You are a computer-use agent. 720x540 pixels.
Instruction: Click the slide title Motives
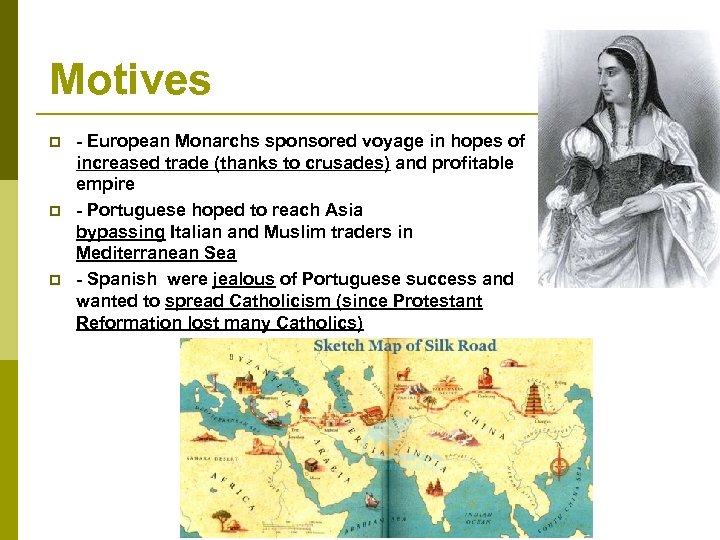(130, 80)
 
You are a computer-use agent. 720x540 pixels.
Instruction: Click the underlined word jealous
(243, 279)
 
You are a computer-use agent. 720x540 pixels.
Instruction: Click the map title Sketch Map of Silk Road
(405, 347)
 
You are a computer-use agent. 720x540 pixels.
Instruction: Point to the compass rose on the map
(559, 466)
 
